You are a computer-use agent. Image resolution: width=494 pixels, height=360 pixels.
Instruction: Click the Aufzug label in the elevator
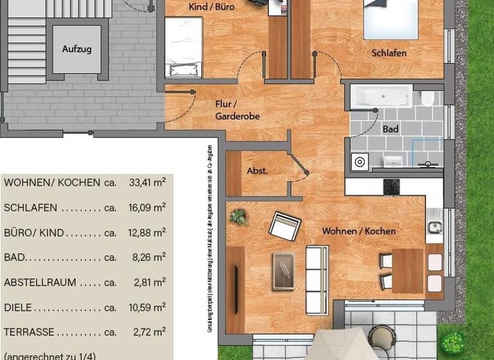click(77, 49)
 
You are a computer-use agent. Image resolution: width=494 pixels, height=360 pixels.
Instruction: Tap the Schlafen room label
click(389, 53)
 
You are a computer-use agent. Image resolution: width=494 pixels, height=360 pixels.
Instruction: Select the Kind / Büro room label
click(211, 8)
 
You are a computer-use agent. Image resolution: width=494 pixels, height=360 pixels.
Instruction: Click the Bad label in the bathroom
click(390, 129)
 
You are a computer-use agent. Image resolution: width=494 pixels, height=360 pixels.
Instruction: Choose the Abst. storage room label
click(257, 172)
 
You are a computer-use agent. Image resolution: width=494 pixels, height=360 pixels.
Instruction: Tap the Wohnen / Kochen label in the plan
click(359, 231)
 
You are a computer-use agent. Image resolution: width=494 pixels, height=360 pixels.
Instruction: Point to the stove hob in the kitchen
click(392, 186)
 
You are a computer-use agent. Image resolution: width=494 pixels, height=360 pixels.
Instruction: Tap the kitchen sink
click(435, 226)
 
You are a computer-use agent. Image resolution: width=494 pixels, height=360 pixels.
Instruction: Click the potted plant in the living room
click(239, 217)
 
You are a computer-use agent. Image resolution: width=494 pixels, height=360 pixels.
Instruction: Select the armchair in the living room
click(285, 226)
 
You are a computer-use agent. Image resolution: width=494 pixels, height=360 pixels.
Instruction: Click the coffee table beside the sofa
click(283, 270)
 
